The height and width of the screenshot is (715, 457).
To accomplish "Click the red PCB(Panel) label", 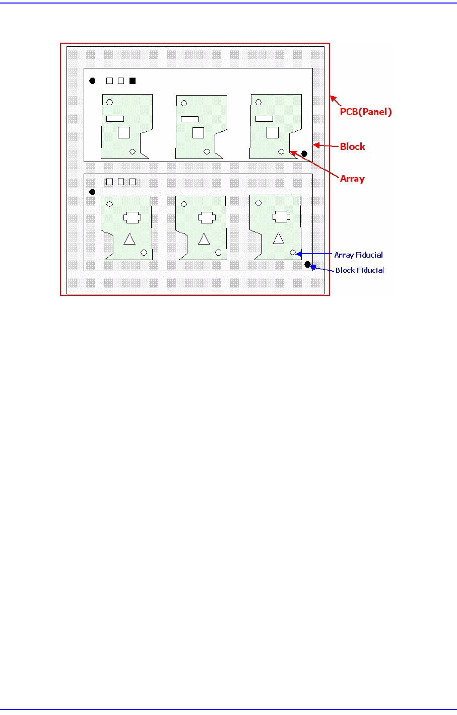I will pyautogui.click(x=366, y=112).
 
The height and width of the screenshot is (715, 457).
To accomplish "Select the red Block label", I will pyautogui.click(x=352, y=147).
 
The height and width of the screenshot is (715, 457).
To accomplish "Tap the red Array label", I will pyautogui.click(x=352, y=179).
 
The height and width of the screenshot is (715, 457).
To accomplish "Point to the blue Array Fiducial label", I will pyautogui.click(x=358, y=255).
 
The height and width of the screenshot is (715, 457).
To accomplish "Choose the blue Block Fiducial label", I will pyautogui.click(x=359, y=270).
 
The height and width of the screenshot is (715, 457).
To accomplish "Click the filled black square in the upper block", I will pyautogui.click(x=133, y=81).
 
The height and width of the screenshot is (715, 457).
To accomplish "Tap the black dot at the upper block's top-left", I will pyautogui.click(x=92, y=81).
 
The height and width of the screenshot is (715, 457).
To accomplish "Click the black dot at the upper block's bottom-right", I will pyautogui.click(x=304, y=153).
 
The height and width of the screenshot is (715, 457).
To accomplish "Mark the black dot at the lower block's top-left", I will pyautogui.click(x=92, y=192).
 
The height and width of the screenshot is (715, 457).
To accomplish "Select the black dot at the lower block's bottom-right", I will pyautogui.click(x=307, y=264).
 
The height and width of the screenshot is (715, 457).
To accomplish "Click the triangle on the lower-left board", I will pyautogui.click(x=129, y=239).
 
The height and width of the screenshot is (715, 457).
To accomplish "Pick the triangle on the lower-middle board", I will pyautogui.click(x=204, y=239).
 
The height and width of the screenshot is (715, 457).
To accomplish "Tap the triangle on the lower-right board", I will pyautogui.click(x=278, y=239).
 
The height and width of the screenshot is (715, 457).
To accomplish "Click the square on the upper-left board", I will pyautogui.click(x=124, y=132).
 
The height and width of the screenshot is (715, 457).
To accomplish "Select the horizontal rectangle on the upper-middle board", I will pyautogui.click(x=189, y=119).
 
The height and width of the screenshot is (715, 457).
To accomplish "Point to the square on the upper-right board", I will pyautogui.click(x=273, y=132).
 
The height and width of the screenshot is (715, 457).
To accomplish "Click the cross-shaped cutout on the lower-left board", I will pyautogui.click(x=132, y=217).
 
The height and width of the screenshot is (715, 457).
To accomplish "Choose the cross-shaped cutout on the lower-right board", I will pyautogui.click(x=281, y=216).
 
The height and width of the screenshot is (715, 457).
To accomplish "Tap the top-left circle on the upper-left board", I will pyautogui.click(x=109, y=102).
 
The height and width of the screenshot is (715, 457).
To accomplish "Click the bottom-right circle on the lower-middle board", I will pyautogui.click(x=218, y=253).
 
